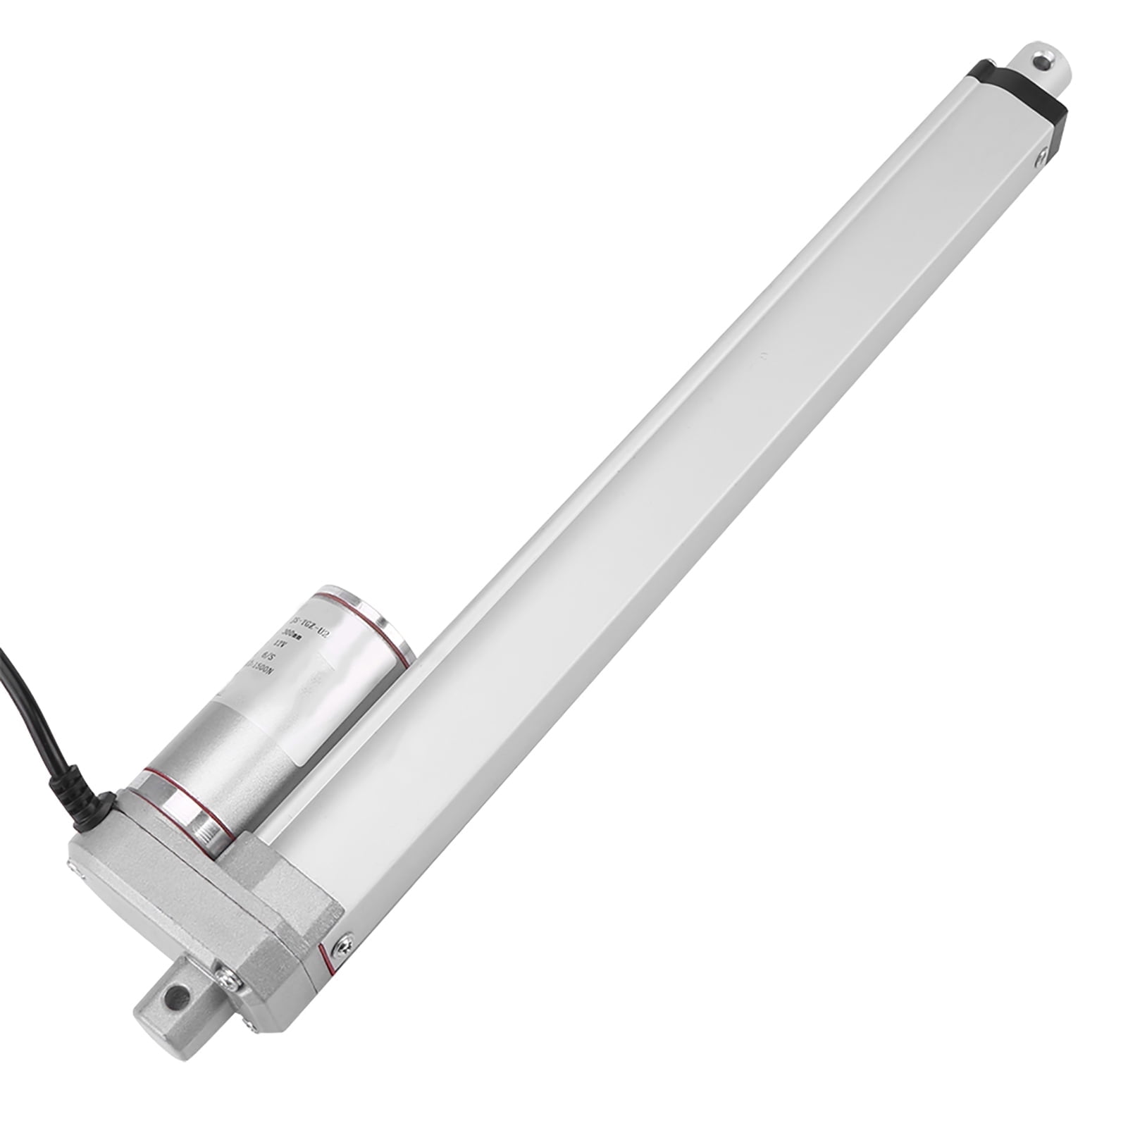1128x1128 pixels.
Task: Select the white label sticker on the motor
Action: [310, 655]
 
